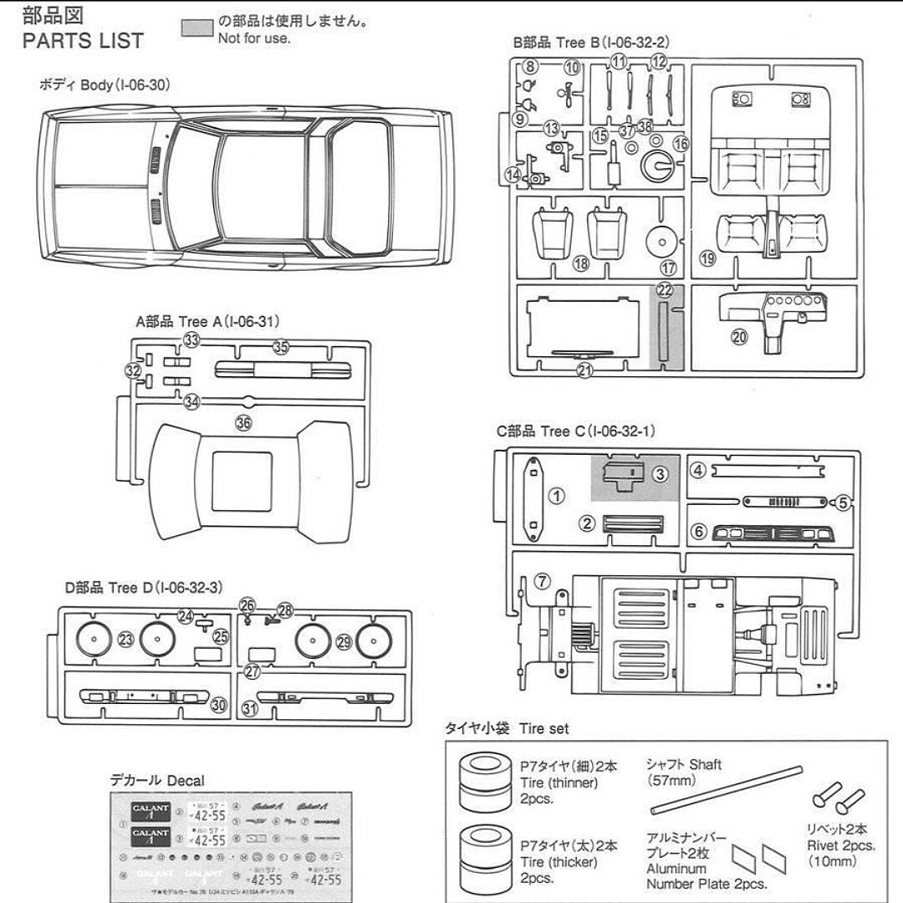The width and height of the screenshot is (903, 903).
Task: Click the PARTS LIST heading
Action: tap(83, 40)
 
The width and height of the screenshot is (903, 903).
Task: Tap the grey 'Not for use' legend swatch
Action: tap(197, 27)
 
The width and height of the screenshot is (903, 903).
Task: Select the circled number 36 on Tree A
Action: tap(243, 423)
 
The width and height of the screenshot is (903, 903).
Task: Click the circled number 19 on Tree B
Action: tap(708, 258)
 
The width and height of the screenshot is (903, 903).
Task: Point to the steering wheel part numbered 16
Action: tap(658, 166)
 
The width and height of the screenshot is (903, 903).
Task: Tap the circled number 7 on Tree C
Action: tap(543, 580)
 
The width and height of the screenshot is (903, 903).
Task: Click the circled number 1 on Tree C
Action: tap(556, 495)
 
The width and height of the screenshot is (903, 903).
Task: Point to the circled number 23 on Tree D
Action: tap(126, 640)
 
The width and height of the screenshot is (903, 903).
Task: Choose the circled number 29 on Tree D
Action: tap(344, 641)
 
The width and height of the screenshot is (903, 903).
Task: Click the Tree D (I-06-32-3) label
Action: tap(144, 588)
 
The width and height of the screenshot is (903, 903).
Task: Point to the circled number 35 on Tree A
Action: tap(281, 347)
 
